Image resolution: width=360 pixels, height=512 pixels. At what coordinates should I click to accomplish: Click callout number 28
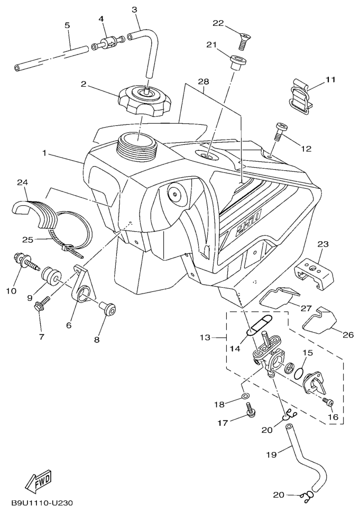[x=203, y=81]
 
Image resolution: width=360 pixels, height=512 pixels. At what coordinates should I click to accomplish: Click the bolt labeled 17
[x=251, y=409]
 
